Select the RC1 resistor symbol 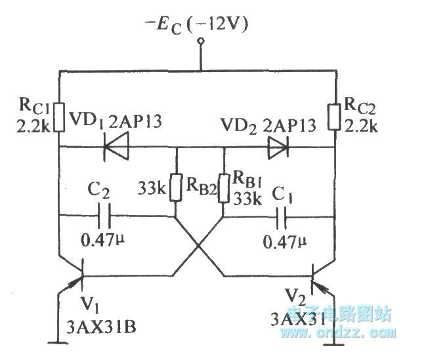59,116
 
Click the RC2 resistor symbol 335,116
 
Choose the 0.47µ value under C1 284,242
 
